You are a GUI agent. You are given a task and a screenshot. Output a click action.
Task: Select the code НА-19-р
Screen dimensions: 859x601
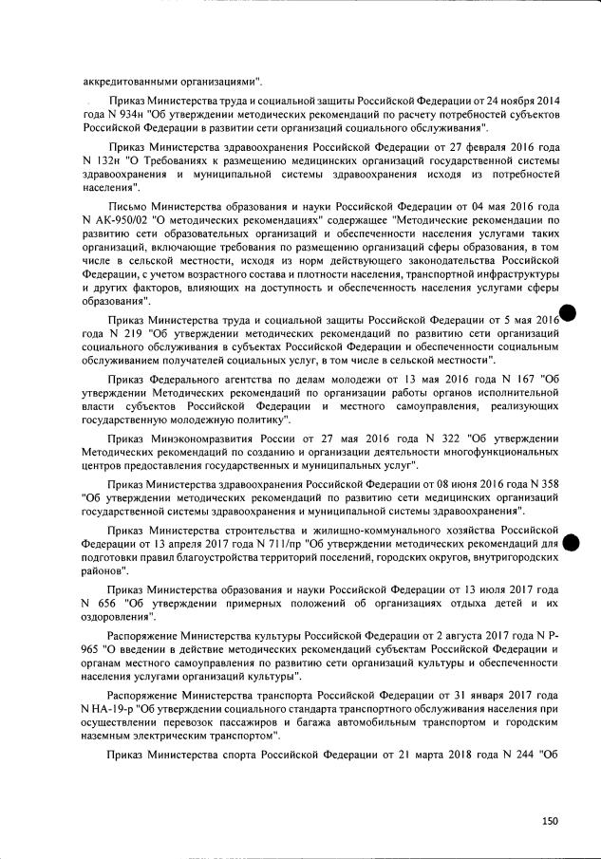110,708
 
